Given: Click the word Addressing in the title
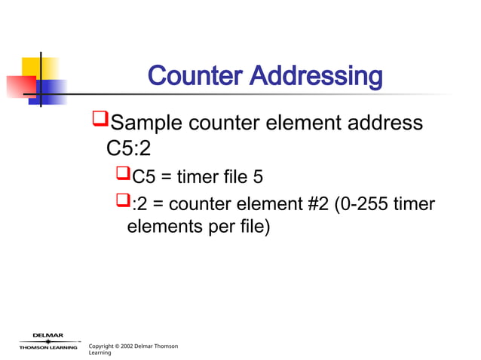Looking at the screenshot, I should click(317, 76).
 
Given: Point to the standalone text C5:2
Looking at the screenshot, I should click(130, 149).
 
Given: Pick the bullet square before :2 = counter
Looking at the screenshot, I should click(124, 201).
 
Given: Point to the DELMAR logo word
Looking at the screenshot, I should click(47, 335).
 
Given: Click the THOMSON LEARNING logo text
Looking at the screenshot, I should click(48, 347).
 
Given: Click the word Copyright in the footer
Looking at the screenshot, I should click(103, 346).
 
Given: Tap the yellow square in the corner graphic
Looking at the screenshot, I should click(30, 67).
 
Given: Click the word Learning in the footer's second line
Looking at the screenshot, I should click(100, 353).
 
